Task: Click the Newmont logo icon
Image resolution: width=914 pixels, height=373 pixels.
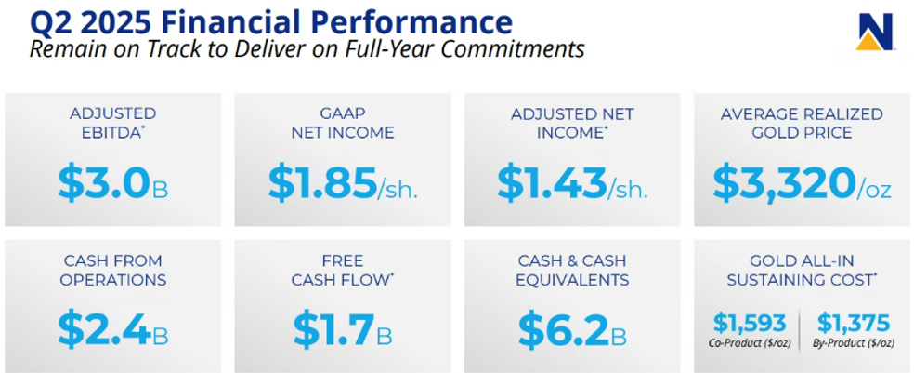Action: coord(875,33)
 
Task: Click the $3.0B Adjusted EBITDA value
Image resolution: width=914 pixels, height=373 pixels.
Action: coord(113,182)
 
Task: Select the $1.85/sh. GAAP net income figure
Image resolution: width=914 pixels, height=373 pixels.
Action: coord(344,182)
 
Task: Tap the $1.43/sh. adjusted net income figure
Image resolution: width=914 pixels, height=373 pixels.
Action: coord(572,182)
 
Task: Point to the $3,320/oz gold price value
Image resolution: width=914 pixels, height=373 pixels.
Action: coord(803,183)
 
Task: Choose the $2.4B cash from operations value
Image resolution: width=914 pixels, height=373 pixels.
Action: coord(113,330)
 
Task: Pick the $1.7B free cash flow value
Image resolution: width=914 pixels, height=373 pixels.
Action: coord(343,330)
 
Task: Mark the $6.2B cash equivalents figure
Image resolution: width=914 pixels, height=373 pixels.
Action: coord(572,330)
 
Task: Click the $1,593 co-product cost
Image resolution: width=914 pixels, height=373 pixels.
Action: coord(751,323)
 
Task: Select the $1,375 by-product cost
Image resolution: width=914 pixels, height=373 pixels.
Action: coord(854,323)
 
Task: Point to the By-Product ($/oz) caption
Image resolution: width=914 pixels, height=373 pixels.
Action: coord(854,343)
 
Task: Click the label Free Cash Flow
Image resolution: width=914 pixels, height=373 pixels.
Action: coord(343,270)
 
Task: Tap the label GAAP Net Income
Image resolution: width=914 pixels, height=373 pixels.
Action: coord(343,123)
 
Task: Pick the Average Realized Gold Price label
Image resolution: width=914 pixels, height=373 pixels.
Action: coord(803,123)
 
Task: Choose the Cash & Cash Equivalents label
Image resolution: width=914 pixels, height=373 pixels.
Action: coord(572,270)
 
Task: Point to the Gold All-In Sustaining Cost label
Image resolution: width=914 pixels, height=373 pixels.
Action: coord(803,270)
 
